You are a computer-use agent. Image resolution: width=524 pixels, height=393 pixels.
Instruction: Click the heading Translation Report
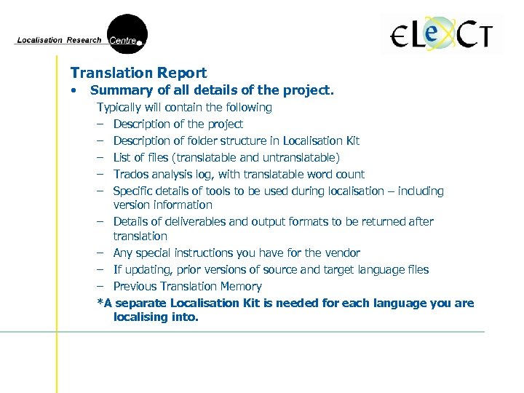pyautogui.click(x=138, y=73)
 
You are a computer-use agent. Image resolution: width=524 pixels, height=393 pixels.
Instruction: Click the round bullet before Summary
pyautogui.click(x=74, y=91)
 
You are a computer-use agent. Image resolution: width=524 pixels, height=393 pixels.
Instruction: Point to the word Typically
pyautogui.click(x=122, y=108)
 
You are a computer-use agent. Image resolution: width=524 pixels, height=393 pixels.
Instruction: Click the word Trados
pyautogui.click(x=132, y=174)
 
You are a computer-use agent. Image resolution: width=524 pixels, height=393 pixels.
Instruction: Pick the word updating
pyautogui.click(x=146, y=269)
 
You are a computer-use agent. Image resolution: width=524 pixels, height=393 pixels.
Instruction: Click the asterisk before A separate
pyautogui.click(x=100, y=303)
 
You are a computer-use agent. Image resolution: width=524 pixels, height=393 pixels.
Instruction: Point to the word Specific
pyautogui.click(x=133, y=191)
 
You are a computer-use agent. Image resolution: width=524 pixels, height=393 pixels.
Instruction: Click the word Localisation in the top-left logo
pyautogui.click(x=40, y=40)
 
